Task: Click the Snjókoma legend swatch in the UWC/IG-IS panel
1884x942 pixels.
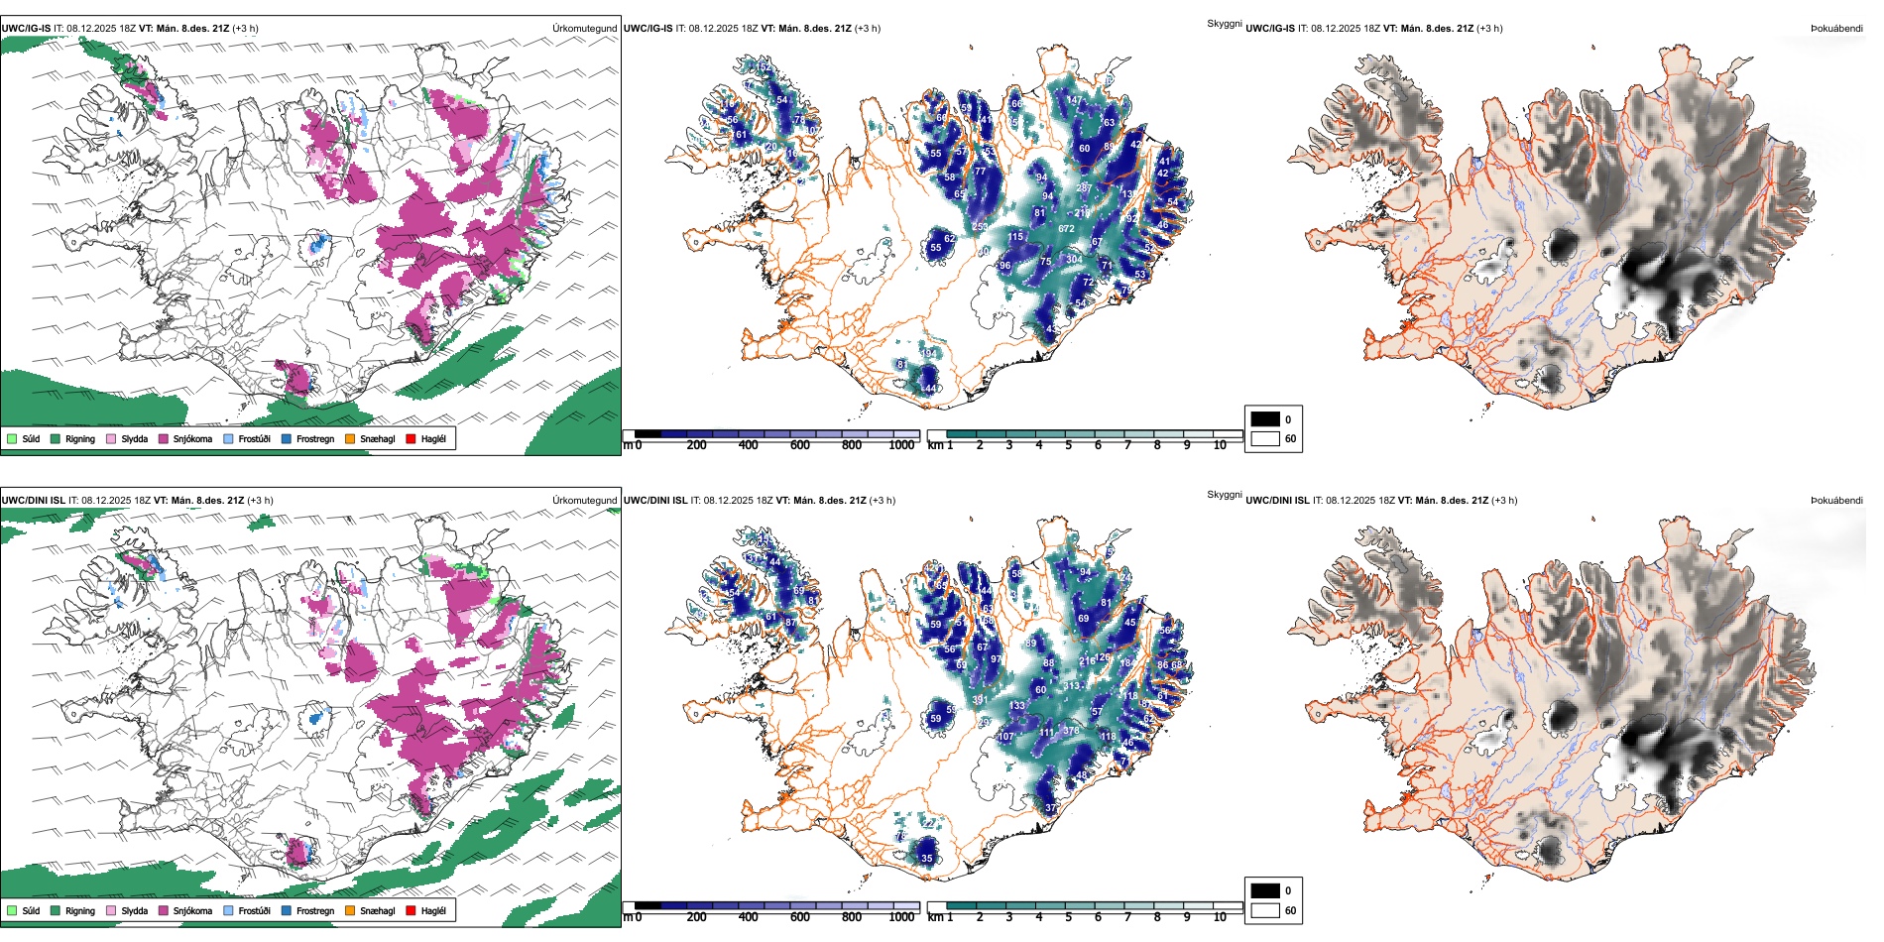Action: (x=164, y=438)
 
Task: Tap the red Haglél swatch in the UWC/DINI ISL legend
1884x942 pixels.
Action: (x=411, y=910)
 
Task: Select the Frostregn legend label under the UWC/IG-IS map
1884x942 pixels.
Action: (x=315, y=438)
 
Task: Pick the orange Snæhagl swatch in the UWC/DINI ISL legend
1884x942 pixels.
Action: (x=350, y=910)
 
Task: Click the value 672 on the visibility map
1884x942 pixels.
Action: (x=1066, y=229)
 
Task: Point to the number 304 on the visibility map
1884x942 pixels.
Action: (x=1074, y=260)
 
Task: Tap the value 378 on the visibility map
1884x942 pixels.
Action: (x=1071, y=731)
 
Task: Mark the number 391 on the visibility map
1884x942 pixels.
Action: (x=980, y=700)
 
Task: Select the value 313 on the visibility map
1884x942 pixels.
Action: (x=1072, y=686)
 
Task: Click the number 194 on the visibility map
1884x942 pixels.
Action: (x=929, y=353)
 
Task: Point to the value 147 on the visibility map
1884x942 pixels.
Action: (x=1075, y=100)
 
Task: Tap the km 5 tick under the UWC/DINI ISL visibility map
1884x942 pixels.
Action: (x=1068, y=917)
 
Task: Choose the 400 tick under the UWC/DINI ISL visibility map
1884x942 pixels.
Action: (x=748, y=917)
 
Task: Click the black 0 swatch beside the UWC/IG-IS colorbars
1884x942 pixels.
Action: (x=1265, y=418)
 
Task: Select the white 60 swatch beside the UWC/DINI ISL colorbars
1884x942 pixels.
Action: (x=1265, y=910)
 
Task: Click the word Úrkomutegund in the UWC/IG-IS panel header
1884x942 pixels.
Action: (x=584, y=29)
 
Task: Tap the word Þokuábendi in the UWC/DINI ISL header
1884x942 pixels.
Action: (x=1836, y=501)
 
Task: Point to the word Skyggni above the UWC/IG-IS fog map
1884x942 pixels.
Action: (x=1224, y=23)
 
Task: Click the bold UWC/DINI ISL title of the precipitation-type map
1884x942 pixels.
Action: (x=33, y=501)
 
